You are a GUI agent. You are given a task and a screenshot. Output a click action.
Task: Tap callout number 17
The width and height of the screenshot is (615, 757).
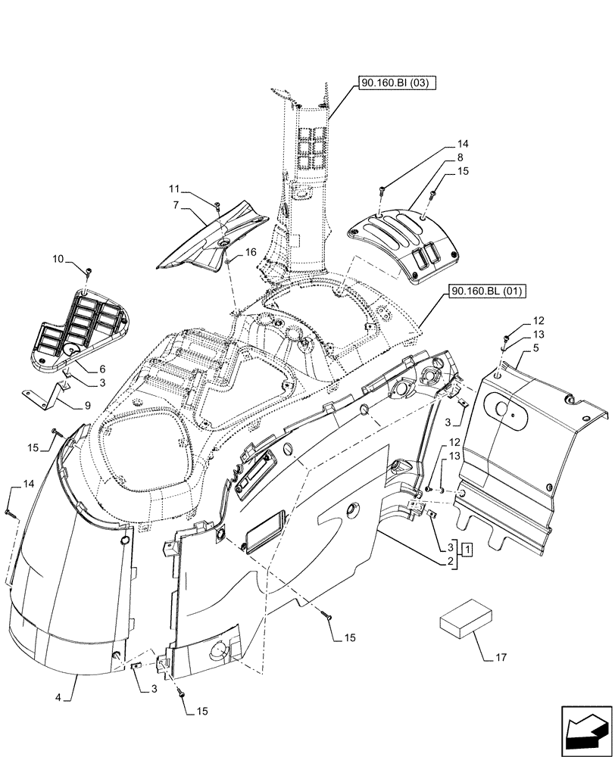[x=501, y=657]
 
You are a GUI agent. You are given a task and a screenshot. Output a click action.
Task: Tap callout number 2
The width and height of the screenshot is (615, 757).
[x=450, y=562]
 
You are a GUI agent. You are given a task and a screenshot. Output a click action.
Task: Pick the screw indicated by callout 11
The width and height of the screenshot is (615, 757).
[x=217, y=205]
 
